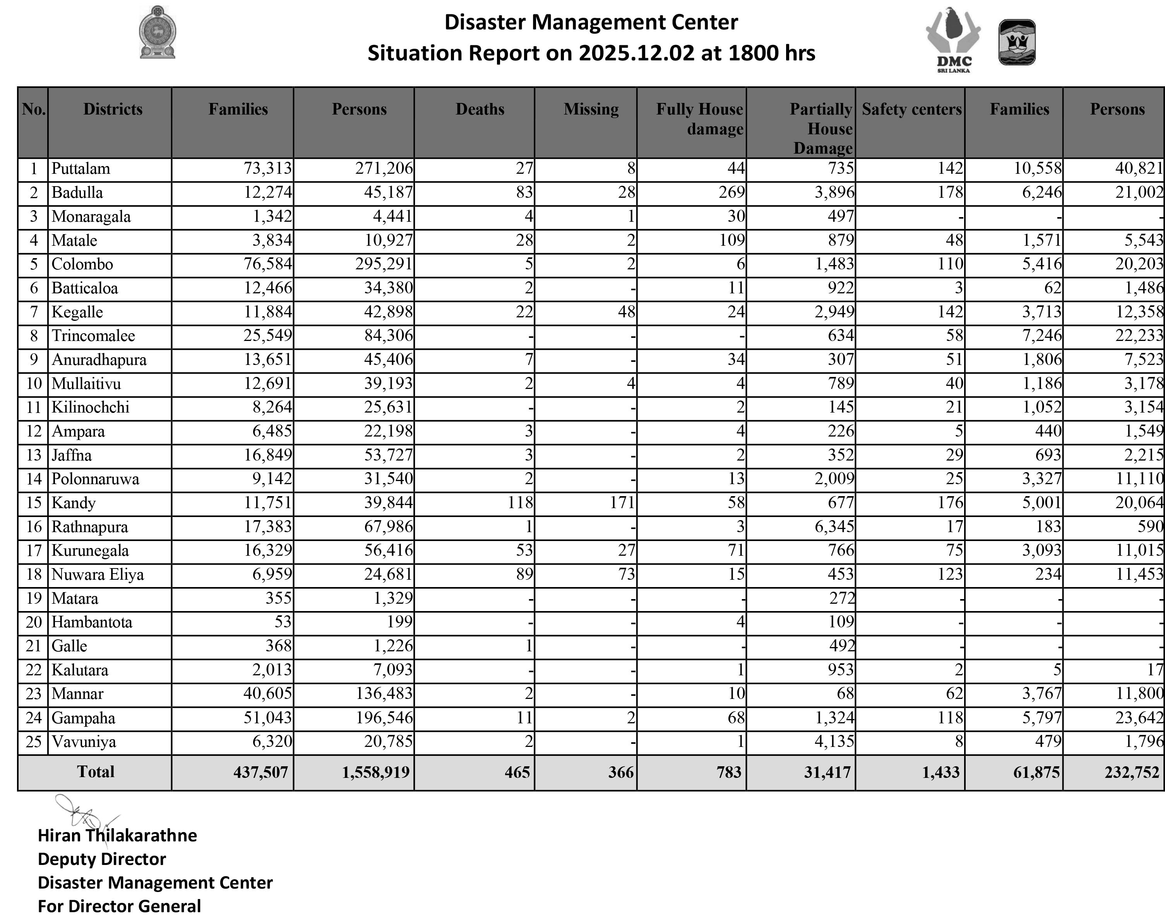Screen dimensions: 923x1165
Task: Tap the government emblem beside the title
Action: pos(158,33)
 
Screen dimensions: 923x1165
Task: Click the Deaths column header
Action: pos(480,109)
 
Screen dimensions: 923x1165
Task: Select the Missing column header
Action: pos(591,109)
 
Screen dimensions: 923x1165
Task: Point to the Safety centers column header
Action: pos(911,109)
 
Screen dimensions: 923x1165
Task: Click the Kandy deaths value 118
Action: pos(520,503)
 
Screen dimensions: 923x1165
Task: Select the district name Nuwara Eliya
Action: pos(98,574)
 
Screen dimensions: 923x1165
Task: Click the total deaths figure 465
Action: pos(517,772)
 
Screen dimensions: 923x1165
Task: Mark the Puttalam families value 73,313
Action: pos(267,169)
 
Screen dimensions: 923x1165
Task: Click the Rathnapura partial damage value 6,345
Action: pos(834,526)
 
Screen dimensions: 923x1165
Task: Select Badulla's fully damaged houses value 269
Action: pos(732,192)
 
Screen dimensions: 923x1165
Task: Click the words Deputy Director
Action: pos(101,859)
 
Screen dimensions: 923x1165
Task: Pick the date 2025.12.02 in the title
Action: pos(637,53)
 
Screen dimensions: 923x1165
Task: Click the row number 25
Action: pos(34,741)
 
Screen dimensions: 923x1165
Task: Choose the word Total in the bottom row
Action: pos(96,772)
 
